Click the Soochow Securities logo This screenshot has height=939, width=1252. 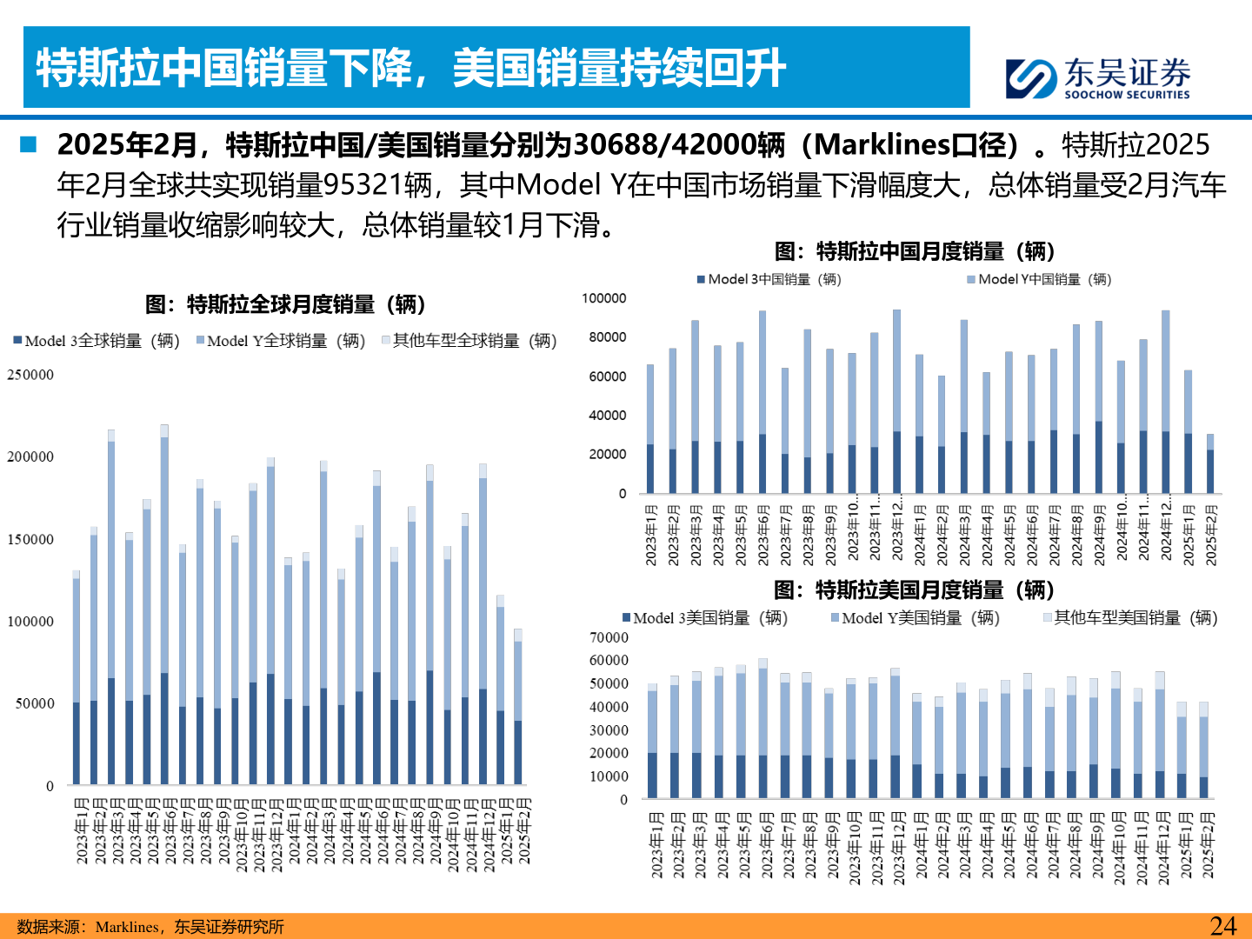coord(1097,77)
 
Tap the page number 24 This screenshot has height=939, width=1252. coord(1222,926)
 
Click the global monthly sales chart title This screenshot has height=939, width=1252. coord(285,304)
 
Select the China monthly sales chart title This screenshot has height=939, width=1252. coord(915,251)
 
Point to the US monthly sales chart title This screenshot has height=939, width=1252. coord(914,590)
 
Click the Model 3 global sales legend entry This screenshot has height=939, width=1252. coord(97,341)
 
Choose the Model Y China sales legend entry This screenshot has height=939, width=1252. coord(1038,279)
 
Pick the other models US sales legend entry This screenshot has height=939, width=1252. coord(1129,618)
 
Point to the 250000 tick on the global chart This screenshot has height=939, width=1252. coord(30,375)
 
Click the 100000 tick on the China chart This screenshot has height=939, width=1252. coord(603,298)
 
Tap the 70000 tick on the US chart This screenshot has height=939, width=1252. coord(609,637)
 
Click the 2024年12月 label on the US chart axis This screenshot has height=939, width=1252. coord(1162,849)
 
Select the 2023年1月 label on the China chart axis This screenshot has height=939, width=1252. coord(650,535)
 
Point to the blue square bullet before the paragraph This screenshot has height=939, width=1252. coord(29,144)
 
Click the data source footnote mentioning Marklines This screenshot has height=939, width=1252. coord(150,927)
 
